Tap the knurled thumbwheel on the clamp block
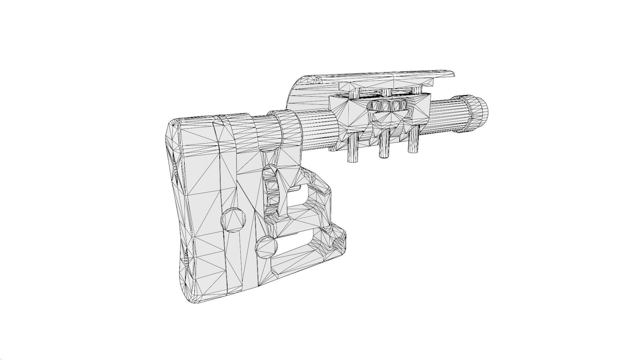[387, 106]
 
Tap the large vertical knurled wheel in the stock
[271, 192]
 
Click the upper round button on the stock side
[233, 219]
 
